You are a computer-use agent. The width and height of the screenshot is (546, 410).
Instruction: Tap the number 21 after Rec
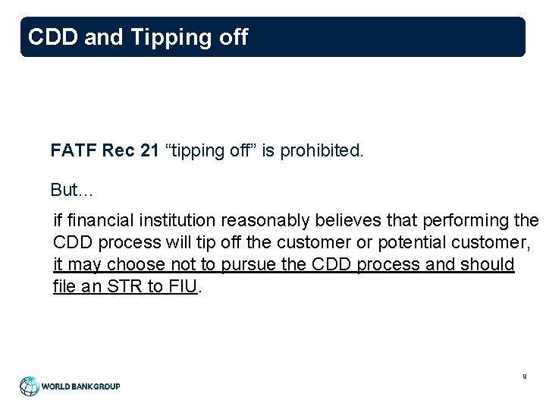(x=149, y=151)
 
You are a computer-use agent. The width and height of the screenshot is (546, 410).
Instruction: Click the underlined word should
(x=491, y=265)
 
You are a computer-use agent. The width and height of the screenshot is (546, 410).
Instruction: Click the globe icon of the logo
(x=30, y=386)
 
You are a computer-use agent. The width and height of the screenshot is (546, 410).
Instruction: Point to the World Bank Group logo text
(x=80, y=386)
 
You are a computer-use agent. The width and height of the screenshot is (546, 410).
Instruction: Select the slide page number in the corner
(x=523, y=375)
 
